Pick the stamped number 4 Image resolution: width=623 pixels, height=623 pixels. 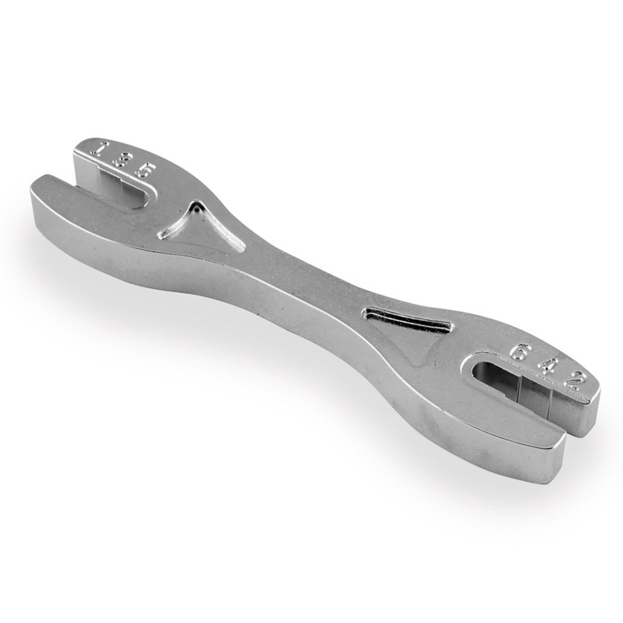click(x=547, y=366)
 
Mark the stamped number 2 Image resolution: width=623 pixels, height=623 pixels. click(x=573, y=380)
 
